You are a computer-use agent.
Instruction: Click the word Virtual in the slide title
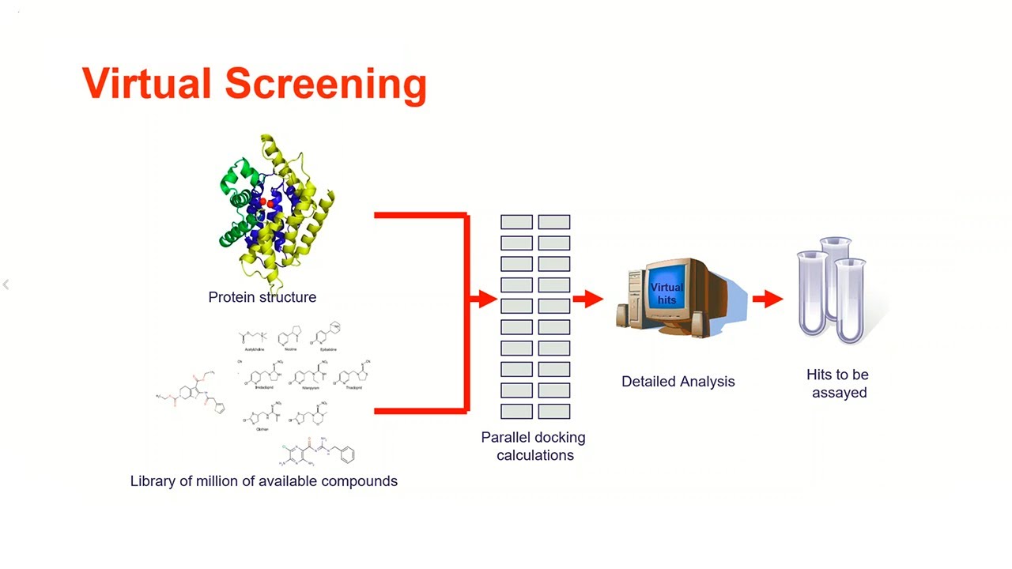point(147,83)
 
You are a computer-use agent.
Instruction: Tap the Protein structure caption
point(262,297)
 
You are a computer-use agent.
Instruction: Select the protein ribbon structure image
point(274,209)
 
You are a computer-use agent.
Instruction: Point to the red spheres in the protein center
point(267,203)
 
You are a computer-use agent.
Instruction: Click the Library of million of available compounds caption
point(263,480)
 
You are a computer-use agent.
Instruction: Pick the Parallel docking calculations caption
point(534,446)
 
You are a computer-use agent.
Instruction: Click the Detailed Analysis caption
point(678,381)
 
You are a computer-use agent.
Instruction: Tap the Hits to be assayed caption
point(838,383)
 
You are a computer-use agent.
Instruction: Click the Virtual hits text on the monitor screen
point(666,293)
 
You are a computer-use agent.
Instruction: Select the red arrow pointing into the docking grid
point(483,299)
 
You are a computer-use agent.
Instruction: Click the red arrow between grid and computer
point(588,299)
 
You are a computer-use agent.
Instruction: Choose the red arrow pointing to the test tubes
point(768,299)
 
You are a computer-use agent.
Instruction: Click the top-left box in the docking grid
point(516,223)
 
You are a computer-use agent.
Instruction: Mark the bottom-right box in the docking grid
point(554,411)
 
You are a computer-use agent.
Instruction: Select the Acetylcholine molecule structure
point(252,337)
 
